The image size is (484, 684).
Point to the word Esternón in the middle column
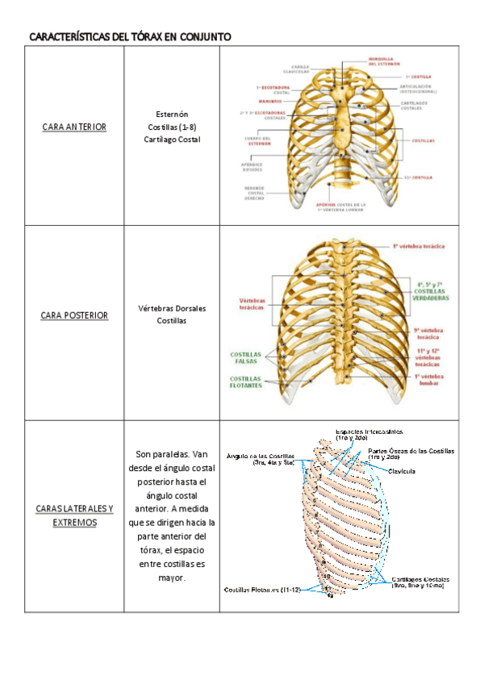[171, 115]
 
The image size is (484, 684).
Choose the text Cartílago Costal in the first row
[171, 140]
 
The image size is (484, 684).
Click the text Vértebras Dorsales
[171, 308]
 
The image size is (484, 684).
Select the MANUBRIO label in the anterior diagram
[271, 102]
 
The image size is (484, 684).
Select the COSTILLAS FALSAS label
[245, 357]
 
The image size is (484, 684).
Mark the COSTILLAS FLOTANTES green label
[245, 382]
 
